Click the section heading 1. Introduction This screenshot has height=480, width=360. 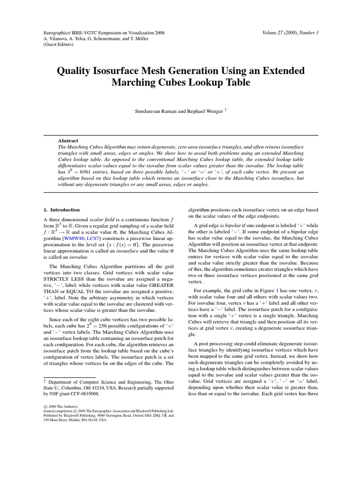click(61, 210)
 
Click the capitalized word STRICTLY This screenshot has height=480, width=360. click(56, 277)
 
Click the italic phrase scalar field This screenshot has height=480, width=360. click(102, 219)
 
